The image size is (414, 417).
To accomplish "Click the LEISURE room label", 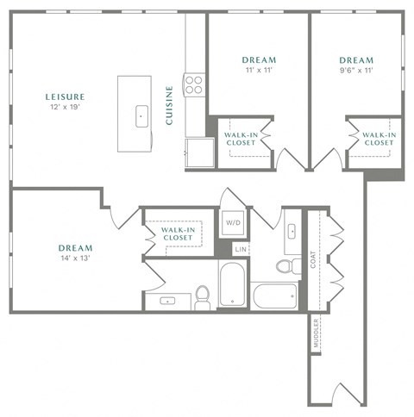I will point(66,97).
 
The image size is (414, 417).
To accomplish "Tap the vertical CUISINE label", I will point(171,105).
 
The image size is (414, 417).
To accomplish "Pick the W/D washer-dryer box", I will point(233,223).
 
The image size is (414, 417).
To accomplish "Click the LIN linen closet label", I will point(241,250).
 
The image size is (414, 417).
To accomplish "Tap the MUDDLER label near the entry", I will point(316,334).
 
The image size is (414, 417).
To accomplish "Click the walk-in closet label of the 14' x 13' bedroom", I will point(178,233).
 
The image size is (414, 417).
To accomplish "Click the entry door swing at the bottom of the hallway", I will point(342,394).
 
